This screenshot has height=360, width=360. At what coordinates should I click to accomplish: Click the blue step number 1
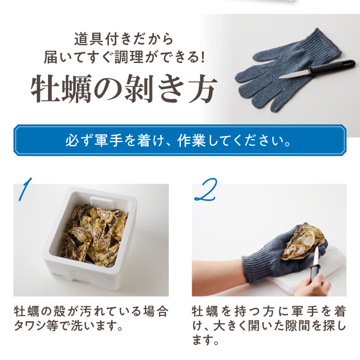tap(25, 189)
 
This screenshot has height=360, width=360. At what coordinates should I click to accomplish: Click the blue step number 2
tap(206, 189)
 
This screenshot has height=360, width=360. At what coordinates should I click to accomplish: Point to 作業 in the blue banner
tap(192, 140)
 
